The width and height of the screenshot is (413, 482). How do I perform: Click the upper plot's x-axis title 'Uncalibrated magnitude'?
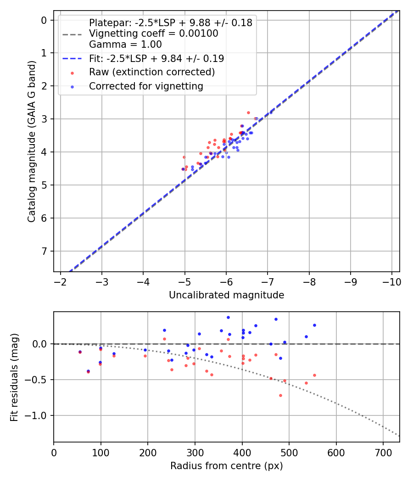(226, 295)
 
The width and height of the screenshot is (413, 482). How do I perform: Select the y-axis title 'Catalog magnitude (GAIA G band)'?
(31, 141)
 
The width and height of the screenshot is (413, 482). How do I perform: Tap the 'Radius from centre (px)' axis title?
(226, 466)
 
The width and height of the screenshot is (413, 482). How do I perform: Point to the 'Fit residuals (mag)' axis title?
(14, 377)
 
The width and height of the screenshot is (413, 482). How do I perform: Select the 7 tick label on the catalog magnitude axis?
(44, 251)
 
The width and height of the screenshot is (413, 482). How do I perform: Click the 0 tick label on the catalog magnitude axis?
(44, 20)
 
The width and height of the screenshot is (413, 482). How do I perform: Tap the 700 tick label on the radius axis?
(384, 453)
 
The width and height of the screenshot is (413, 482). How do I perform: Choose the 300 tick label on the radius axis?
(195, 453)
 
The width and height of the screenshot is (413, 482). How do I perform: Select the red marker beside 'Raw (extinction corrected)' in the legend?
(72, 73)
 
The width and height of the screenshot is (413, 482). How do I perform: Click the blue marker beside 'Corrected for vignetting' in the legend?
(72, 86)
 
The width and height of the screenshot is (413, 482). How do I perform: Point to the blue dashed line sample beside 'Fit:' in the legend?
(72, 59)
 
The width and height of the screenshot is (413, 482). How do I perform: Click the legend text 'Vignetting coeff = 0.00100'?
(153, 34)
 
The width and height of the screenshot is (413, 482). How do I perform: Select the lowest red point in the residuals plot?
(280, 395)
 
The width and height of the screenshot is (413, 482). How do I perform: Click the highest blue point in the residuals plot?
(228, 317)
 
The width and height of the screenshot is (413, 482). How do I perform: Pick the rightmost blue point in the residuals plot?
(314, 325)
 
